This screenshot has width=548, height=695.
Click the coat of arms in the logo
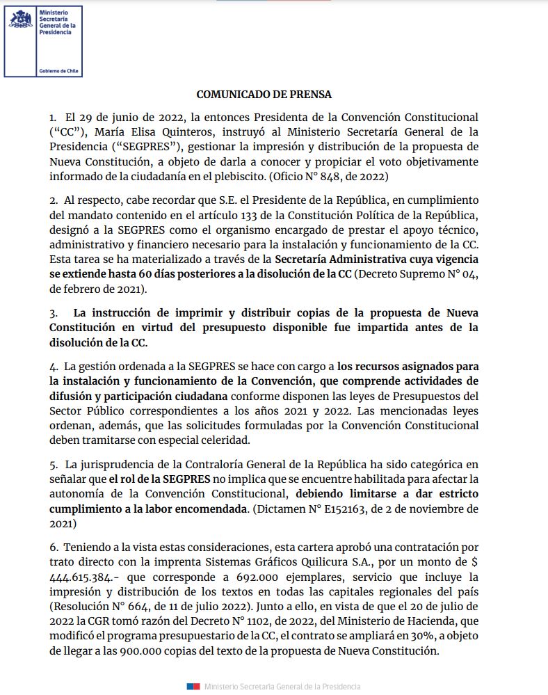pos(21,19)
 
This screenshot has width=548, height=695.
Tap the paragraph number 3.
pos(53,312)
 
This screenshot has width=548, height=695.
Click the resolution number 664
pos(132,607)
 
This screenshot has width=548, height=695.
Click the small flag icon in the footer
pos(193,687)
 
